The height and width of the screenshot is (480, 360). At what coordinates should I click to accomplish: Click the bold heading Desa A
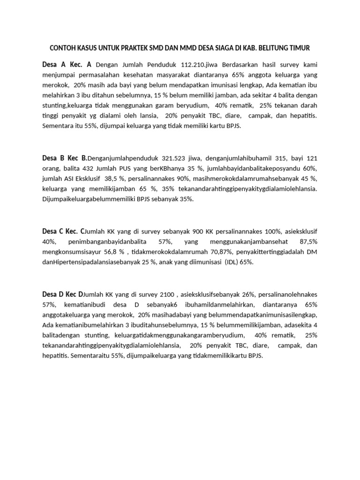click(54, 64)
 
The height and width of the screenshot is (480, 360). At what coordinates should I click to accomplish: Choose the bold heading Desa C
click(54, 231)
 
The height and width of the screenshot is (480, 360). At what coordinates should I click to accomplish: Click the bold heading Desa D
click(54, 294)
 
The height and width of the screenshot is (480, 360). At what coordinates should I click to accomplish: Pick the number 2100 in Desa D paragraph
click(167, 294)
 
